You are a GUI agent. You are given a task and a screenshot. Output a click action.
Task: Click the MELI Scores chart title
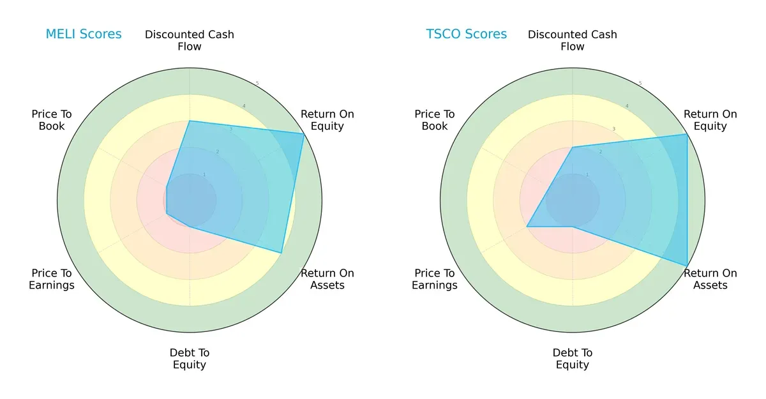pos(84,34)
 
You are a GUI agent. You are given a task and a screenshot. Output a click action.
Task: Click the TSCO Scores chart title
pos(467,34)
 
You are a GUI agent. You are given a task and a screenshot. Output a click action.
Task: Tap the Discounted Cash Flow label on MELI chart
pos(190,40)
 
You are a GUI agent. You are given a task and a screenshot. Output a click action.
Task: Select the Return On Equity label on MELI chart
pos(327,120)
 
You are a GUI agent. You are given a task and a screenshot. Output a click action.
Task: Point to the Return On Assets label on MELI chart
pos(327,279)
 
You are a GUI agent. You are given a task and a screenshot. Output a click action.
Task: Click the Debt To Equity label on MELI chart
pos(190,359)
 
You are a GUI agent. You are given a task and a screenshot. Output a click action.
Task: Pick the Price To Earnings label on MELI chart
pos(52,279)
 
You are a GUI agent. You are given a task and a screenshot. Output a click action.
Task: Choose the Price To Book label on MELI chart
pos(52,120)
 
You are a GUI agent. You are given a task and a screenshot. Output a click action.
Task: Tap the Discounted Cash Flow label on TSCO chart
pos(573,40)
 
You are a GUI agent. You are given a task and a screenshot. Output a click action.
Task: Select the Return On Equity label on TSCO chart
pos(710,120)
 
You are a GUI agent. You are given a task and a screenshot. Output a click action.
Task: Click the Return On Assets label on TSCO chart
pos(710,279)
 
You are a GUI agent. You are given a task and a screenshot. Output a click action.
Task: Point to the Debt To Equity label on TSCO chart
pos(573,359)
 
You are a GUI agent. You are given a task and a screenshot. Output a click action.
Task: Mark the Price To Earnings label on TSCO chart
pos(435,279)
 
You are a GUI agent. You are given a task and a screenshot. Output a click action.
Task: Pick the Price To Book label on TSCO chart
pos(435,120)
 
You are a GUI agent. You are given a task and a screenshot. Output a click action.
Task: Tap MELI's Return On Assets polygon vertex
pos(282,253)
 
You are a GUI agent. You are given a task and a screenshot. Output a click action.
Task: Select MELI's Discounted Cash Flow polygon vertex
pos(190,121)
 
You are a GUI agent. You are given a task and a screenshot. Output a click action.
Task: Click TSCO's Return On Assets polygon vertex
pos(687,266)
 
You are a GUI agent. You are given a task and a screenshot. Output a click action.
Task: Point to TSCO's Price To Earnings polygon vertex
pos(527,227)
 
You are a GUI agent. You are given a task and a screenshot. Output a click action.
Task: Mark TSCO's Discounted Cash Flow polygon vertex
pos(573,147)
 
